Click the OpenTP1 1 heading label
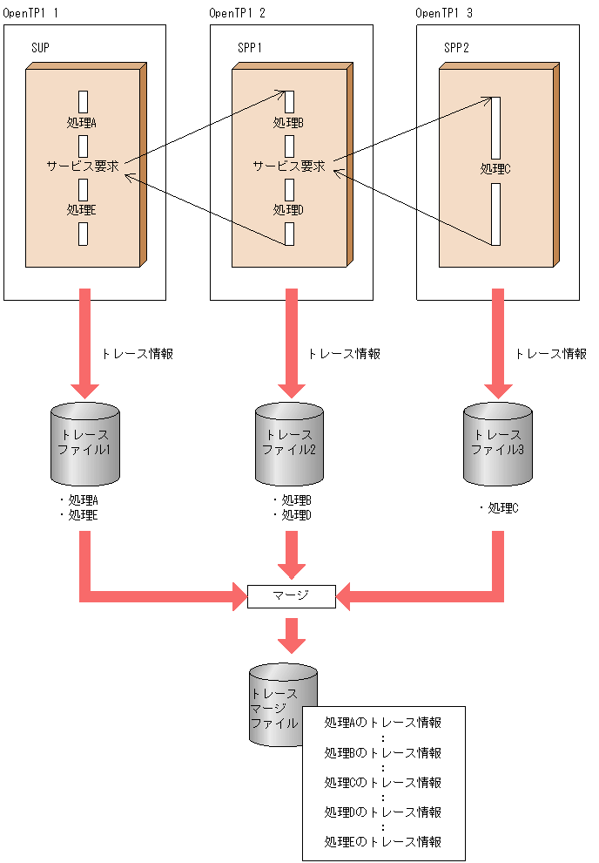(x=30, y=13)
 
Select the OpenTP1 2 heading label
(x=238, y=13)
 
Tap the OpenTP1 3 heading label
(x=444, y=13)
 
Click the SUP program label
(x=40, y=47)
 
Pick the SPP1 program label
(x=250, y=47)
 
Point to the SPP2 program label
(x=456, y=47)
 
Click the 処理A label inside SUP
(x=82, y=123)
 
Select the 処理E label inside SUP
(x=82, y=209)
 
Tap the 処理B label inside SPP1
(x=288, y=123)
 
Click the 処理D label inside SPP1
(x=288, y=209)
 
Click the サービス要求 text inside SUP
(x=82, y=166)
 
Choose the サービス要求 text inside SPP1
(x=288, y=166)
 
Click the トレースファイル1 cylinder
(x=84, y=444)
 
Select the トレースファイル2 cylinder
(x=289, y=444)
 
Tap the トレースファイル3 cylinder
(x=496, y=444)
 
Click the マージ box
(x=291, y=596)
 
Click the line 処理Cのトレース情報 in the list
(x=383, y=782)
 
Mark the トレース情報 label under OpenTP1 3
(x=550, y=354)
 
